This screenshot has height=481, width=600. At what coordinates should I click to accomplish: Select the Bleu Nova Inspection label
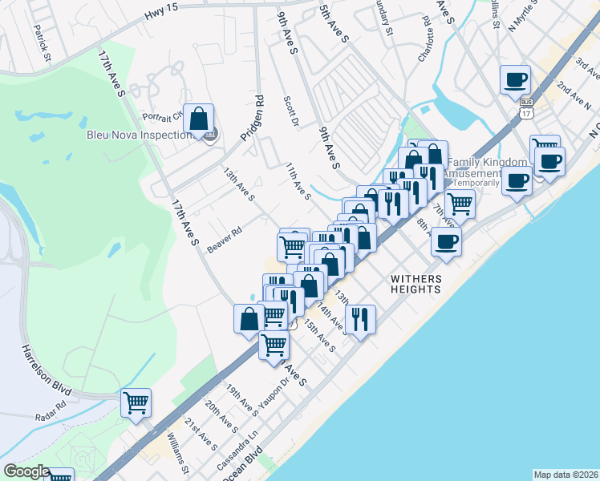(x=137, y=135)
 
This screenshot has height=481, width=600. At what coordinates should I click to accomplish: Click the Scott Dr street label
(x=290, y=112)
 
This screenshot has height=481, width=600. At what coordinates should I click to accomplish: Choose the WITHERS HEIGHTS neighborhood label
(x=416, y=284)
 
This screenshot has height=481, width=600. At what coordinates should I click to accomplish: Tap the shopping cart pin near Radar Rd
(x=136, y=402)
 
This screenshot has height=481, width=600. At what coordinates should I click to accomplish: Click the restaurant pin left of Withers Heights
(x=360, y=319)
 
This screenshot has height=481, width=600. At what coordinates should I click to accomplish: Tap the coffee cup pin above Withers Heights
(x=446, y=240)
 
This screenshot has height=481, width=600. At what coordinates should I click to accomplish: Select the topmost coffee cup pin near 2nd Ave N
(x=515, y=80)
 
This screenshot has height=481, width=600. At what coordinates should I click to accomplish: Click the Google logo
(x=27, y=472)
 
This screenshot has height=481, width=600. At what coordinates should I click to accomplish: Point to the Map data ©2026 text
(x=565, y=474)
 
